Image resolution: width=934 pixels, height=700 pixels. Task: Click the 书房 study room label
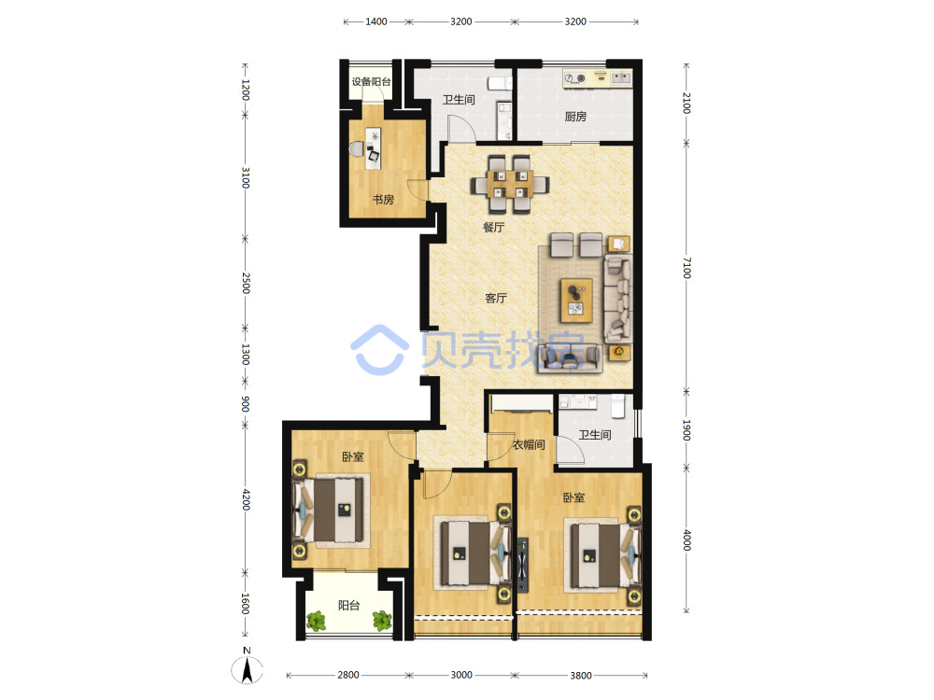pyautogui.click(x=383, y=200)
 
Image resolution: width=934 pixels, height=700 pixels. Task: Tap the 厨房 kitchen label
pyautogui.click(x=575, y=117)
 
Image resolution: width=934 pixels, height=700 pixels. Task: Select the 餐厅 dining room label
pyautogui.click(x=494, y=227)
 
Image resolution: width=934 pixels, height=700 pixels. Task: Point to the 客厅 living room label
pyautogui.click(x=496, y=298)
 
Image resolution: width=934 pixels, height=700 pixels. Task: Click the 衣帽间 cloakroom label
pyautogui.click(x=529, y=444)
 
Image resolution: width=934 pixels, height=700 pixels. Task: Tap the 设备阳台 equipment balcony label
pyautogui.click(x=371, y=81)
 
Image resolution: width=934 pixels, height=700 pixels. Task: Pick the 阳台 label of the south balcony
pyautogui.click(x=349, y=606)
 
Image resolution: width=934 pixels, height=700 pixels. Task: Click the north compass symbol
pyautogui.click(x=247, y=668)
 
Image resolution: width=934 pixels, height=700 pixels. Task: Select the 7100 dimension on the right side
pyautogui.click(x=686, y=268)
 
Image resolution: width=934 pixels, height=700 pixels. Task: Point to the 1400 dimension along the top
pyautogui.click(x=375, y=21)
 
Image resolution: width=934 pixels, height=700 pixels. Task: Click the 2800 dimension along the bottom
pyautogui.click(x=348, y=675)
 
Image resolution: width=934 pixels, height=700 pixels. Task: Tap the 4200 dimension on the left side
pyautogui.click(x=246, y=499)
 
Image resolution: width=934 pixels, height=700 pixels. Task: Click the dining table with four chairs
pyautogui.click(x=509, y=184)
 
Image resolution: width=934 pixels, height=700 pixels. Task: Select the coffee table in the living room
pyautogui.click(x=576, y=300)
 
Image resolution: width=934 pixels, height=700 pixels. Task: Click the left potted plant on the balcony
pyautogui.click(x=317, y=621)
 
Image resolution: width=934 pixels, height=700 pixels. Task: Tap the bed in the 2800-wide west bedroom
pyautogui.click(x=329, y=511)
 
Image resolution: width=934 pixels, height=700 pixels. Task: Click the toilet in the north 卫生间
pyautogui.click(x=500, y=83)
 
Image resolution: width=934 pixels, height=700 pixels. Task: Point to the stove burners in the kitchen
pyautogui.click(x=575, y=78)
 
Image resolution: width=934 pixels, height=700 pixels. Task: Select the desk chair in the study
pyautogui.click(x=358, y=148)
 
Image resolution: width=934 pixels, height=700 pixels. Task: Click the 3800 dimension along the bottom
pyautogui.click(x=581, y=675)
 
